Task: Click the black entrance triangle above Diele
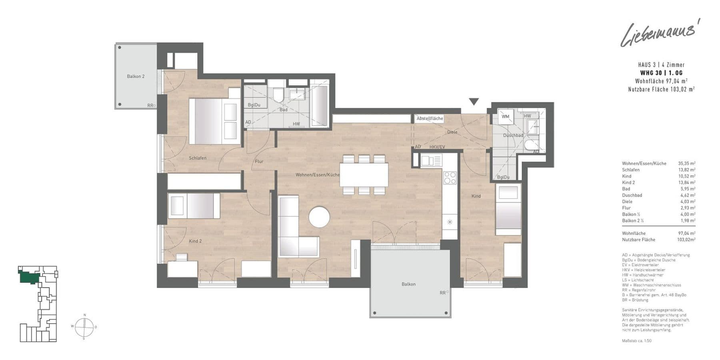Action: tap(474, 102)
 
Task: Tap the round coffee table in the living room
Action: tap(319, 217)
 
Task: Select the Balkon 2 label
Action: tap(136, 76)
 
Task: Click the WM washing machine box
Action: tap(506, 117)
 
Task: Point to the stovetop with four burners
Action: tap(450, 177)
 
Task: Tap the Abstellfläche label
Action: tap(430, 119)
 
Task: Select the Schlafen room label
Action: tap(198, 158)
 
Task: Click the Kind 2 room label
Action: tap(195, 241)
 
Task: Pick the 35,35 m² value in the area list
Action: tap(686, 164)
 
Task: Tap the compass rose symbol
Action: tap(84, 327)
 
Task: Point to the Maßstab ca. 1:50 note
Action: tap(637, 341)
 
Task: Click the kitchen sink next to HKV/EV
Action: tap(431, 161)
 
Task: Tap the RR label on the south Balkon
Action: tap(442, 293)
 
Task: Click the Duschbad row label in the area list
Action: tap(632, 195)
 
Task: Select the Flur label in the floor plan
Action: tap(259, 162)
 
